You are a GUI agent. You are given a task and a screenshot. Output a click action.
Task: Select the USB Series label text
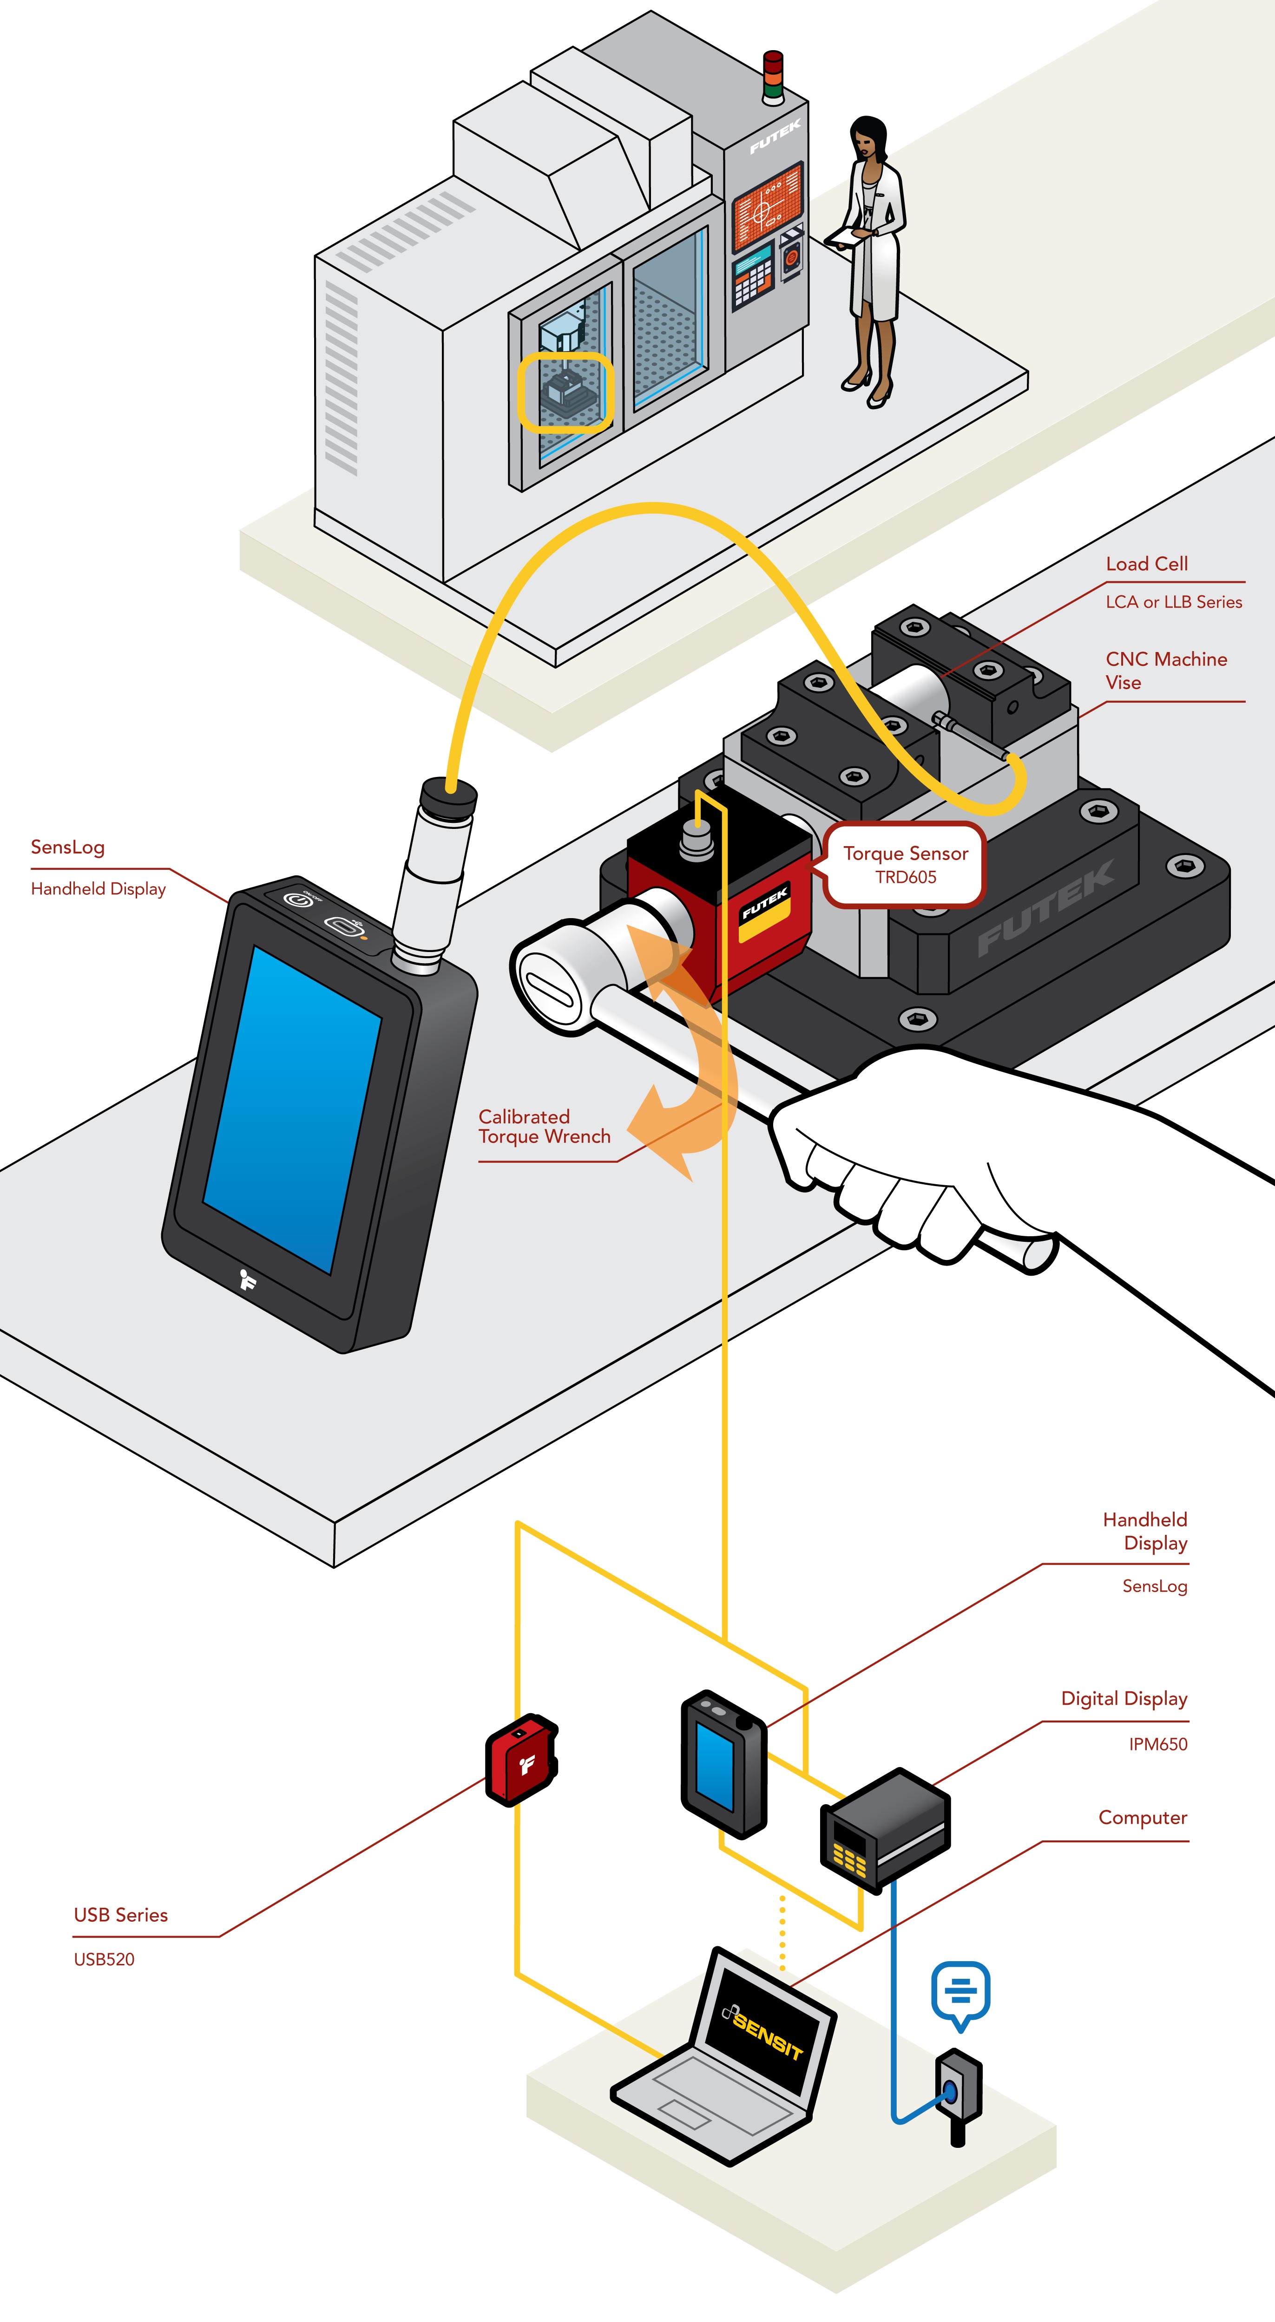pos(121,1915)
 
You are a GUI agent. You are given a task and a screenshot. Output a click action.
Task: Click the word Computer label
pos(1143,1817)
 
